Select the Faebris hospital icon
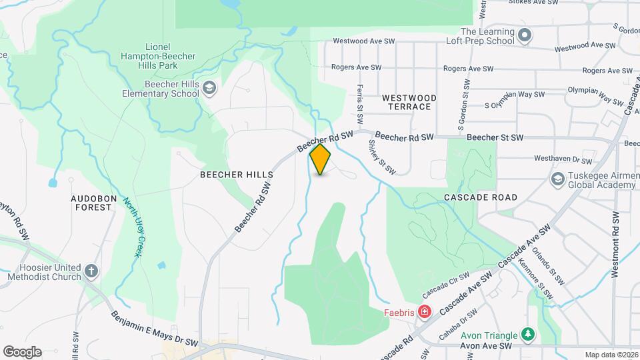[424, 311]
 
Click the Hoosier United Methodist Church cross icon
[91, 272]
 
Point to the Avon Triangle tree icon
[527, 333]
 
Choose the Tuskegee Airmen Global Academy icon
[557, 179]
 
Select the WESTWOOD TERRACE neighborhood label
[409, 102]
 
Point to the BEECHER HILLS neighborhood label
[237, 175]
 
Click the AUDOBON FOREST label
[92, 203]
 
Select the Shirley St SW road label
[382, 157]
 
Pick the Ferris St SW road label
[359, 103]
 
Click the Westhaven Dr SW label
[563, 161]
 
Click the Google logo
[22, 352]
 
